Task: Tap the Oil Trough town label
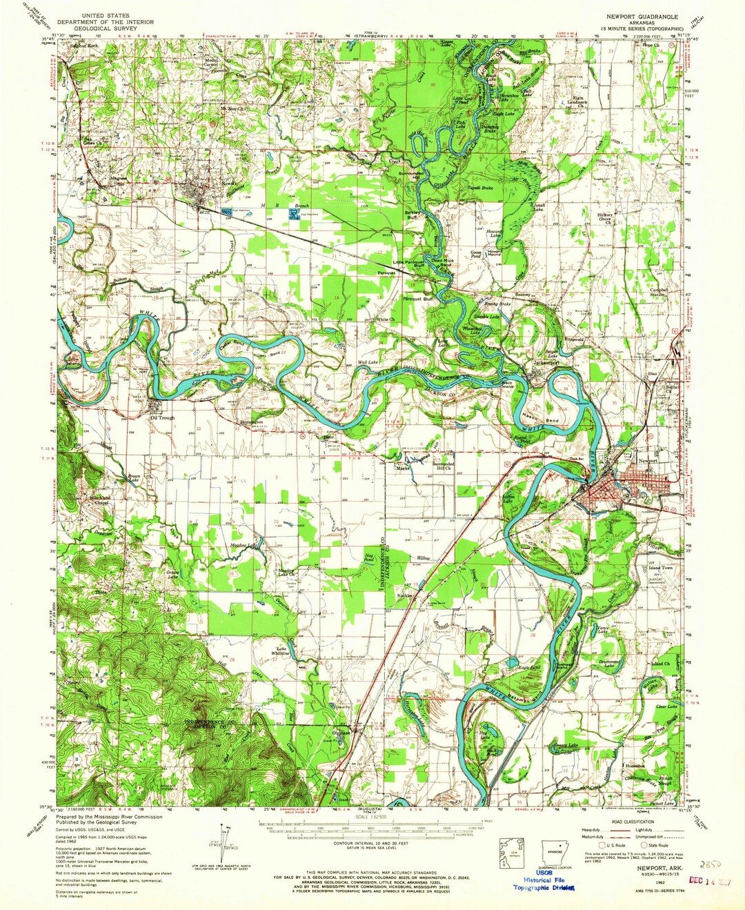[x=163, y=417]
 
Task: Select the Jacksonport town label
[x=546, y=363]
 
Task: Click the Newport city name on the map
[x=647, y=460]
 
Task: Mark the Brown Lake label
[x=135, y=477]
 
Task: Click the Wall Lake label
[x=368, y=362]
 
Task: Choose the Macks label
[x=403, y=468]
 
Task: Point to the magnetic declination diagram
[x=223, y=839]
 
